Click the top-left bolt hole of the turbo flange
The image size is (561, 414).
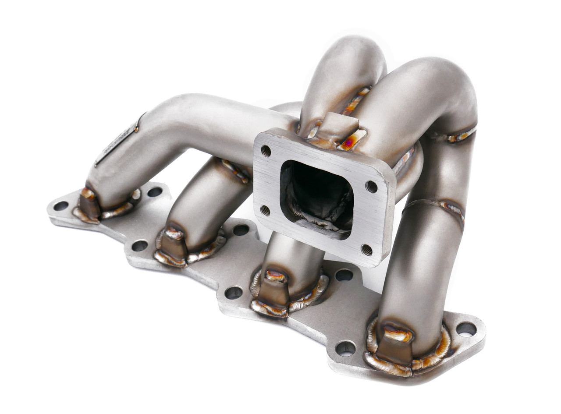point(266,151)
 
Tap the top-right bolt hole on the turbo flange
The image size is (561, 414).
point(371,187)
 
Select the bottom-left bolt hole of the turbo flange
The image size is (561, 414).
point(265,210)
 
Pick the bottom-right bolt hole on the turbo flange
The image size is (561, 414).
point(366,250)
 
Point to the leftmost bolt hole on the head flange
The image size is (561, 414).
point(60,205)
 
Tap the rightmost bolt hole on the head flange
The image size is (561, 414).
point(466,329)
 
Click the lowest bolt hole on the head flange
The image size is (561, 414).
point(345,348)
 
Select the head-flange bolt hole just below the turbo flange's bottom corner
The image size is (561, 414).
point(344,275)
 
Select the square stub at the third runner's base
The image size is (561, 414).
point(274,289)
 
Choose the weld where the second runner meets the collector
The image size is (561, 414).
point(236,170)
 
